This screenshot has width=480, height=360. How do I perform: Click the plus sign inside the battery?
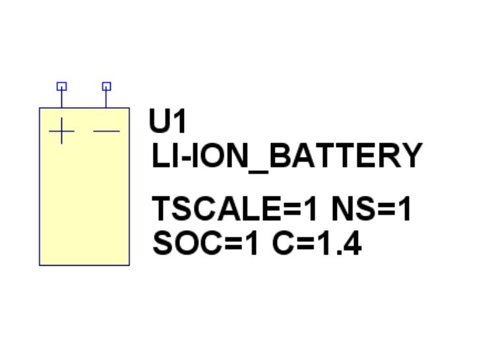61,131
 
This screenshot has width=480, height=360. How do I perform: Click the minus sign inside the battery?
107,131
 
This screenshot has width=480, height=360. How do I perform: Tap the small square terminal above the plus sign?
61,86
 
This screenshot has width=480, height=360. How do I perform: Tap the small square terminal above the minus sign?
107,86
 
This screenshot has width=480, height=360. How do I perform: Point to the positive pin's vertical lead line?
61,99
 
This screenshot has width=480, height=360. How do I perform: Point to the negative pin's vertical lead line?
107,99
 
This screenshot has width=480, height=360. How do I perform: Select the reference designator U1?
167,122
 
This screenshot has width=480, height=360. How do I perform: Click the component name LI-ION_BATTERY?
286,157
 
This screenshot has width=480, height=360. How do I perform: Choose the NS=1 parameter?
371,210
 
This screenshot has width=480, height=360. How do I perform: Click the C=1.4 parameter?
317,243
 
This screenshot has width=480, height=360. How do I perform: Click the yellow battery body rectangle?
84,198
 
